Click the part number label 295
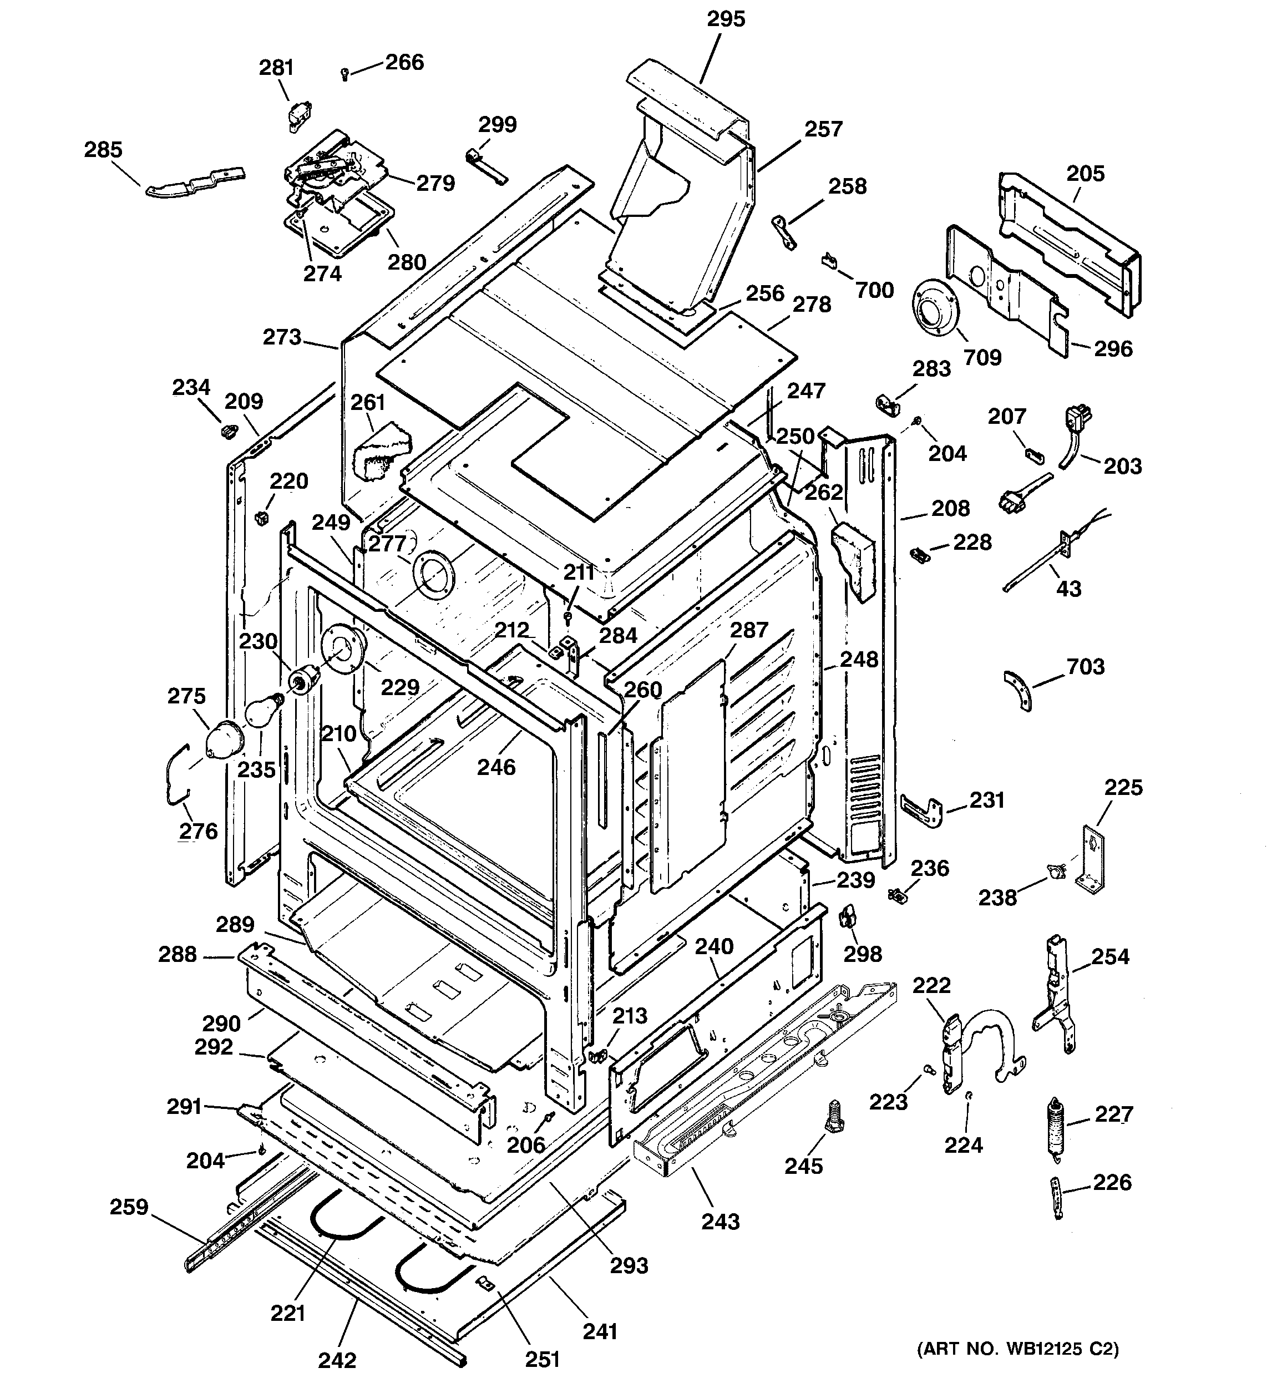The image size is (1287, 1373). tap(726, 19)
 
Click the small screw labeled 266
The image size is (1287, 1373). tap(344, 73)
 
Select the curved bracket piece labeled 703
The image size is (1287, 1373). tap(1019, 688)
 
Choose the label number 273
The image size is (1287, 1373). tap(282, 337)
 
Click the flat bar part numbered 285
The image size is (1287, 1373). tap(195, 183)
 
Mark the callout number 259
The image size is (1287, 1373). tap(129, 1207)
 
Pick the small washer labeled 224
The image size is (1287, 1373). tap(969, 1095)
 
